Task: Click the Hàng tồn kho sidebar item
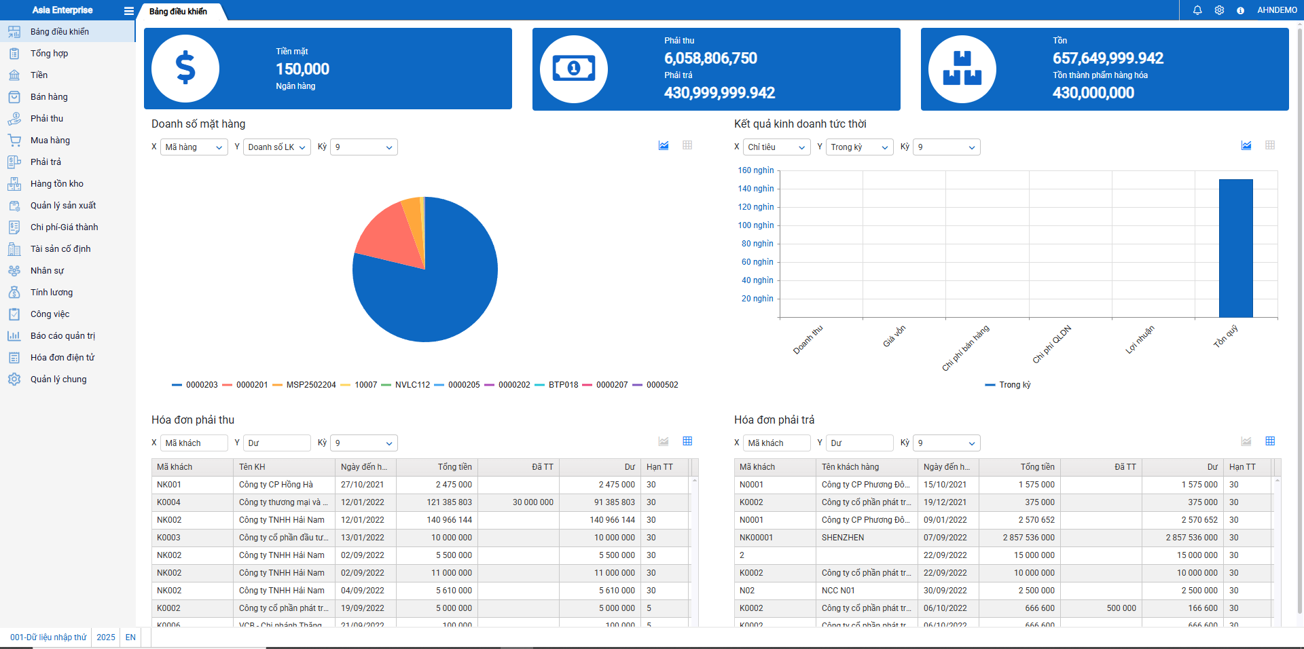coord(56,184)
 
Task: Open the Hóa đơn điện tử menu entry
coord(62,358)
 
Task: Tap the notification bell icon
coord(1197,10)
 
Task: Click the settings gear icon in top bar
coord(1219,10)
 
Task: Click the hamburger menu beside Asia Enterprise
coord(128,11)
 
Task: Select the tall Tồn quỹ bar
coord(1235,248)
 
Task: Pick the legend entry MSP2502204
coord(310,385)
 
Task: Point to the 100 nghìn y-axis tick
coord(756,225)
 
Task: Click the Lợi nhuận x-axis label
coord(1140,339)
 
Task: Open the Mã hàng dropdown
coord(194,147)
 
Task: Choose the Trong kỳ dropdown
coord(858,147)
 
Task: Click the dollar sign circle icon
coord(185,69)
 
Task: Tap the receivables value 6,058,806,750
coord(710,58)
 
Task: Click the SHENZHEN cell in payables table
coord(843,538)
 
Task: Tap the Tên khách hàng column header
coord(850,467)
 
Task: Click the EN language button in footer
coord(130,637)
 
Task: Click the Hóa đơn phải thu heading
coord(193,420)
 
